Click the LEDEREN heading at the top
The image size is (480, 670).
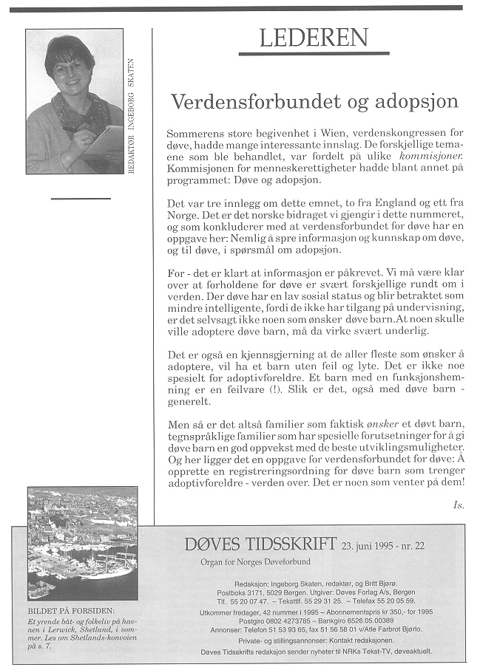coord(324,38)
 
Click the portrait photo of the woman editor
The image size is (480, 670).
coord(74,101)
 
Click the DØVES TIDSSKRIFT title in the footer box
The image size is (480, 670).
coord(260,545)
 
